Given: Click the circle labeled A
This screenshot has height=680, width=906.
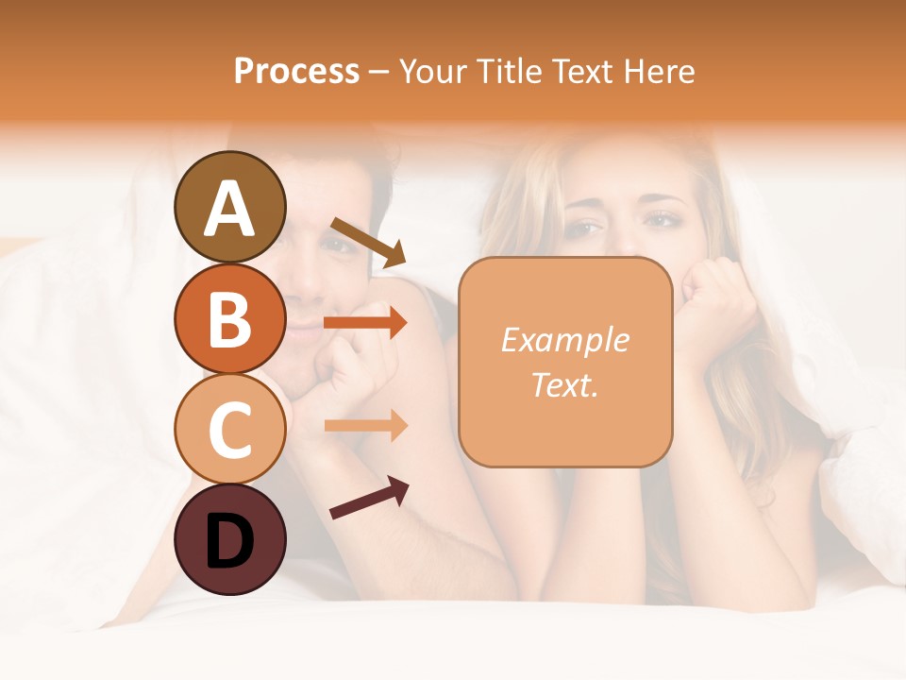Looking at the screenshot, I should coord(229,207).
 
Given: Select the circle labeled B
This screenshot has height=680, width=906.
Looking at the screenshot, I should coord(229,317).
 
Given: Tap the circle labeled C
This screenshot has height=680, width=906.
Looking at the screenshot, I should coord(229,429).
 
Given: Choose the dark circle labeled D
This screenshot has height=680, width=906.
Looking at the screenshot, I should coord(229,539).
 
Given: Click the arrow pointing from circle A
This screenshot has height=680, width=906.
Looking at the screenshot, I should coord(367,242).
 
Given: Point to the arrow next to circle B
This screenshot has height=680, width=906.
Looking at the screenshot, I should coord(365,323).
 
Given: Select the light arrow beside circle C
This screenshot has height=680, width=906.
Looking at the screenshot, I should coord(365,425).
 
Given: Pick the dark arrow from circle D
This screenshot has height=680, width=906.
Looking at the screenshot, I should coord(369,498).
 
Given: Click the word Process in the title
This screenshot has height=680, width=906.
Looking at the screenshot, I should coord(296,72).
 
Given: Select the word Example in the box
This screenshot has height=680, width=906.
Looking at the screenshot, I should coord(564,340).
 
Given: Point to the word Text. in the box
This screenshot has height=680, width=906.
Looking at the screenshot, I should coord(564,383).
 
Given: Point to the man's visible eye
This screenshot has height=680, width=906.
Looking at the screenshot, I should coord(337,245).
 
